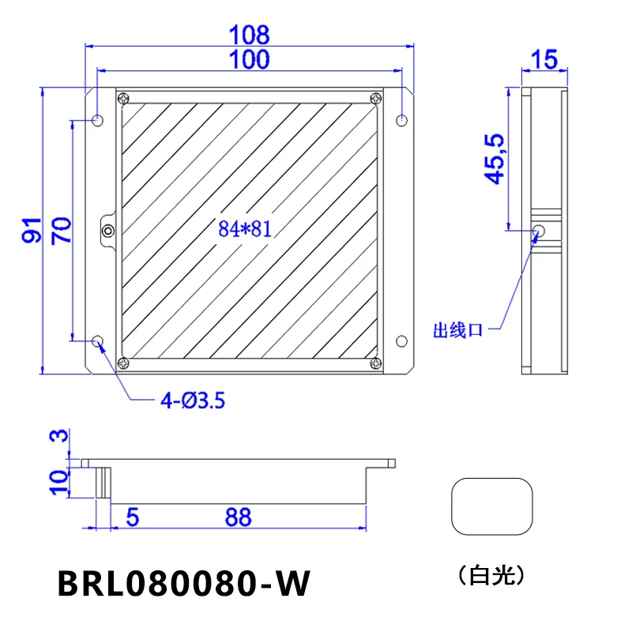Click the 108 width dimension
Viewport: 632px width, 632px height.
tap(249, 35)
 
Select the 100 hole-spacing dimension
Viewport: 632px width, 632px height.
tap(249, 59)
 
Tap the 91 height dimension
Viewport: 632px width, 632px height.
tap(32, 230)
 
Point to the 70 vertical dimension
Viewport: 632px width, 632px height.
tap(62, 231)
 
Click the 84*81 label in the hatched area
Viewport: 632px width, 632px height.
tap(245, 228)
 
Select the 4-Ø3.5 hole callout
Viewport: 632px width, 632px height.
tap(193, 401)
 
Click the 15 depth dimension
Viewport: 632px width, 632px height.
tap(544, 60)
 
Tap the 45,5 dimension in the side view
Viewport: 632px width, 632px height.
tap(495, 160)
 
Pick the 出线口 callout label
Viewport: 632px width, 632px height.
tap(458, 330)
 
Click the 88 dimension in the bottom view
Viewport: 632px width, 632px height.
tap(239, 517)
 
